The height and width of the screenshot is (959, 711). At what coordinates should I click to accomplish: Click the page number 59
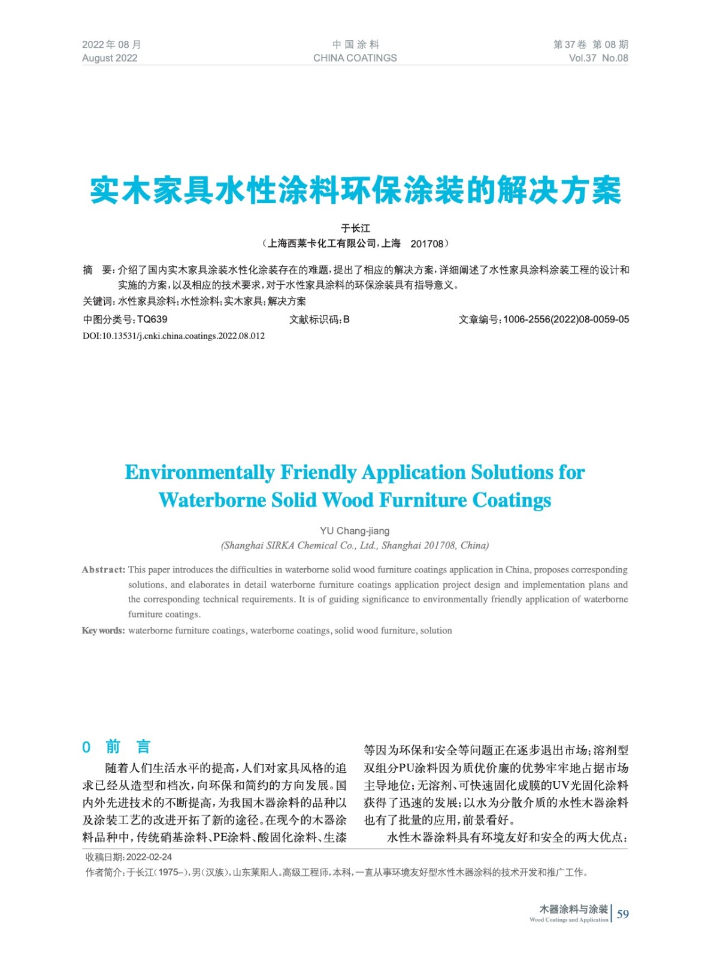coord(623,914)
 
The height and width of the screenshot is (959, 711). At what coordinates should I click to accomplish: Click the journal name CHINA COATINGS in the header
coord(355,58)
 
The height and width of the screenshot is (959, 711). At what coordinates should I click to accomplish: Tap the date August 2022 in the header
coord(110,58)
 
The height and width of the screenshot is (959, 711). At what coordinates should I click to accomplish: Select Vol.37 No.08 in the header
coord(598,58)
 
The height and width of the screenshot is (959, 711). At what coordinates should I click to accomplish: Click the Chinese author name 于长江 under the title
coord(355,228)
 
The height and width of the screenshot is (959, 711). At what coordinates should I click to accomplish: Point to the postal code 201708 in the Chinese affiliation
coord(426,244)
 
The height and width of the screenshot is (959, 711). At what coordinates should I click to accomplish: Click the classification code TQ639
coord(152,319)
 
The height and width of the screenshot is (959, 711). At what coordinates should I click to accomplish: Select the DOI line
coord(174,336)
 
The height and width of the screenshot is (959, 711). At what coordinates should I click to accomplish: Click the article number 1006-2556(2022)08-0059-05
coord(566,319)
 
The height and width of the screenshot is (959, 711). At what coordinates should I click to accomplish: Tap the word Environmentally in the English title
coord(199,472)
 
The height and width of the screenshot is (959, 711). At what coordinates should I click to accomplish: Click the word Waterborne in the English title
coord(212,500)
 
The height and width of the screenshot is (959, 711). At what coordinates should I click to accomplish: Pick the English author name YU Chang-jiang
coord(355,531)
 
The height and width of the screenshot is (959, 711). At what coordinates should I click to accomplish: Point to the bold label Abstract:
coord(104,570)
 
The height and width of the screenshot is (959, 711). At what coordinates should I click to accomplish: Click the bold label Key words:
coord(104,631)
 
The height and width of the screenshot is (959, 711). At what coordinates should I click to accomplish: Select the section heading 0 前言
coord(116,747)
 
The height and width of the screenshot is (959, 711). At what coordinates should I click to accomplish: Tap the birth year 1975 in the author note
coord(170,873)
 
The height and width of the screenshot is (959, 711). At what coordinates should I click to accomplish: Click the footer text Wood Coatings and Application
coord(568,920)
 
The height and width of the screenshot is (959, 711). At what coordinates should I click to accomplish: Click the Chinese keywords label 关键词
coord(98,301)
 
